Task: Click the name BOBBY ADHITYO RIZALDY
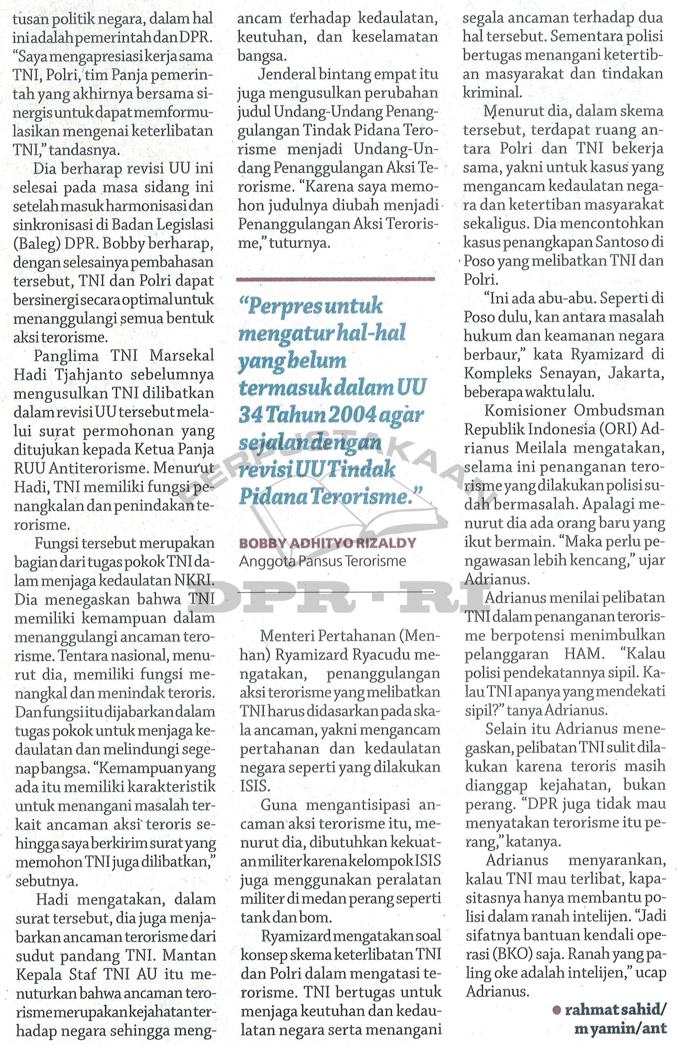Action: (327, 543)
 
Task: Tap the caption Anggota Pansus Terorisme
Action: (322, 561)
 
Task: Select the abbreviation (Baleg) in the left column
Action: (36, 243)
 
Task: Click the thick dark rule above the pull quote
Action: (335, 279)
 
